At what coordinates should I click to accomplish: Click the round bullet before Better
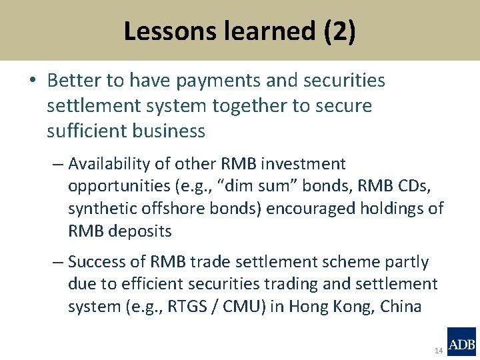tap(33, 81)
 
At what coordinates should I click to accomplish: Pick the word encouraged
tap(312, 209)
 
